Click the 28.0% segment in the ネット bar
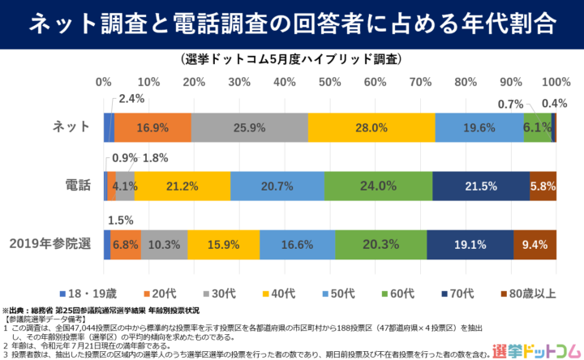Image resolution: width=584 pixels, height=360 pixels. tap(371, 127)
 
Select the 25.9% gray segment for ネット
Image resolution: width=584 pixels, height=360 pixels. tap(249, 127)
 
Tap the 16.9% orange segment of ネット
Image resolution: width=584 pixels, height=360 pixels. tap(152, 127)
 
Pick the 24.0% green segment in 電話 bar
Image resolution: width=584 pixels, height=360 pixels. tap(378, 186)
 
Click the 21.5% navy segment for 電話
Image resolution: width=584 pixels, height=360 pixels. tap(481, 186)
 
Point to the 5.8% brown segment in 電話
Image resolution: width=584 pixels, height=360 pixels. tap(543, 186)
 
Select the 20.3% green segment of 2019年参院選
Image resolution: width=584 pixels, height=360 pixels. tap(380, 244)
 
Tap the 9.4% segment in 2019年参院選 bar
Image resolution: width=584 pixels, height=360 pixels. tap(535, 244)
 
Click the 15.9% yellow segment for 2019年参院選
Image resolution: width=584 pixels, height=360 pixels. tap(224, 244)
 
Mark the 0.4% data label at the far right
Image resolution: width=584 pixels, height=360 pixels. tap(554, 103)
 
